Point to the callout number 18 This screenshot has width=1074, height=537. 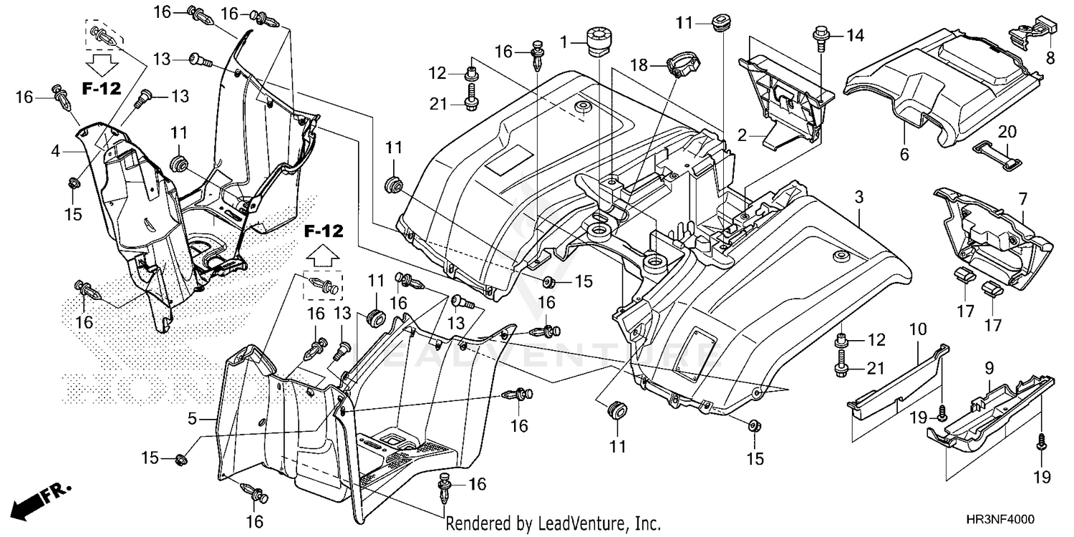tap(639, 65)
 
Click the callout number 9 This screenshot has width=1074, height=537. tap(989, 369)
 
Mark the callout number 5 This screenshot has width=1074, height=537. tap(192, 419)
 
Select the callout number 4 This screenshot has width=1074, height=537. tap(56, 151)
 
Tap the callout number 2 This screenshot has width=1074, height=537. tap(742, 134)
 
